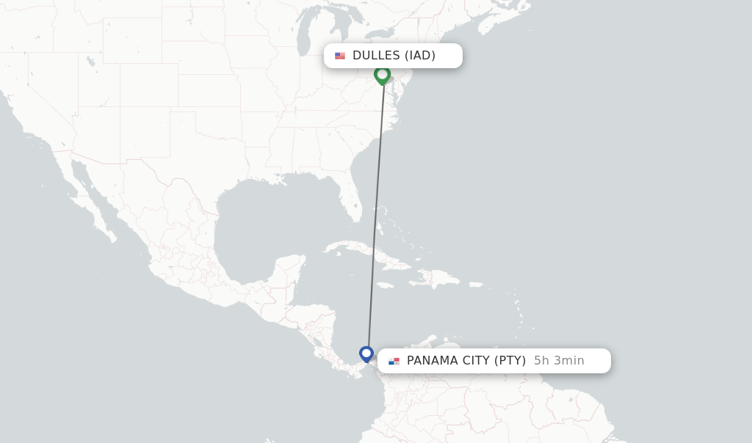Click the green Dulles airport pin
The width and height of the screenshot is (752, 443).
382,74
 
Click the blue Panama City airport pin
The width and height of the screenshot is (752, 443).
366,354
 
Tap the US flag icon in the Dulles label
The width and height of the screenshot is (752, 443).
340,56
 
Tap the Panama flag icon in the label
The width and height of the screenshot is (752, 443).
394,361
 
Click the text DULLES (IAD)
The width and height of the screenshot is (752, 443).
394,56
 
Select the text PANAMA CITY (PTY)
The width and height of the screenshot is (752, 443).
466,361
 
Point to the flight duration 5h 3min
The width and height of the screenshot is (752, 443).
559,361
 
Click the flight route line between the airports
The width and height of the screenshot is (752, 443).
375,213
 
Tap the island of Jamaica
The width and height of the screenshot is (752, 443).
386,285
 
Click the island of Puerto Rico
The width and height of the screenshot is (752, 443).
476,284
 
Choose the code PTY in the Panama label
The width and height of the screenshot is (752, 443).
510,361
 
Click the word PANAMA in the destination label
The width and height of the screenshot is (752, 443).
434,361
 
